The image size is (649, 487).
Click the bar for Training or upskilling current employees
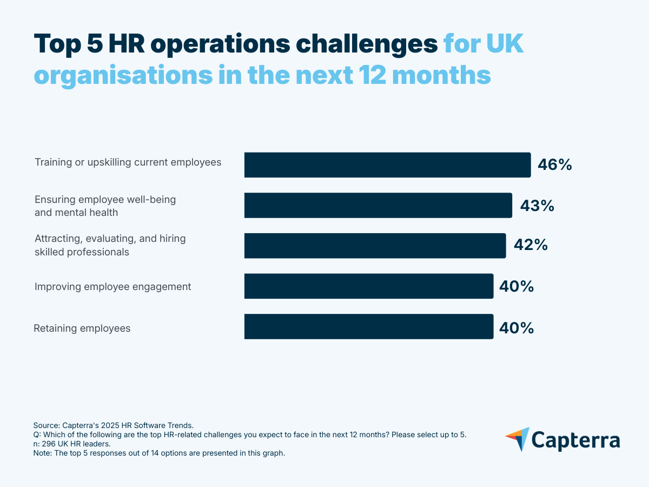[387, 165]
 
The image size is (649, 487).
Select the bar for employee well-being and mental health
[378, 206]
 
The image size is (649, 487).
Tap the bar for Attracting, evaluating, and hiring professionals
[375, 246]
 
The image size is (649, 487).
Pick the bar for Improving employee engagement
[369, 286]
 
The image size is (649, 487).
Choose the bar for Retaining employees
[369, 327]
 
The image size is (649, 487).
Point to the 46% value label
[554, 165]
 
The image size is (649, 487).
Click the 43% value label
[537, 206]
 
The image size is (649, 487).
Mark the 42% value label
[531, 246]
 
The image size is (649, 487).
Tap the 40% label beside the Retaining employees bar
[516, 327]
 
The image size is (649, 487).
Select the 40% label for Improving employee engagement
[516, 287]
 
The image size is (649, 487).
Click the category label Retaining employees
[82, 328]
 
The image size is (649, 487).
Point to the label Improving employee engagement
[112, 287]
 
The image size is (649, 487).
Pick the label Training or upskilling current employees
[128, 162]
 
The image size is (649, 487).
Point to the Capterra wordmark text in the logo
[575, 440]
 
